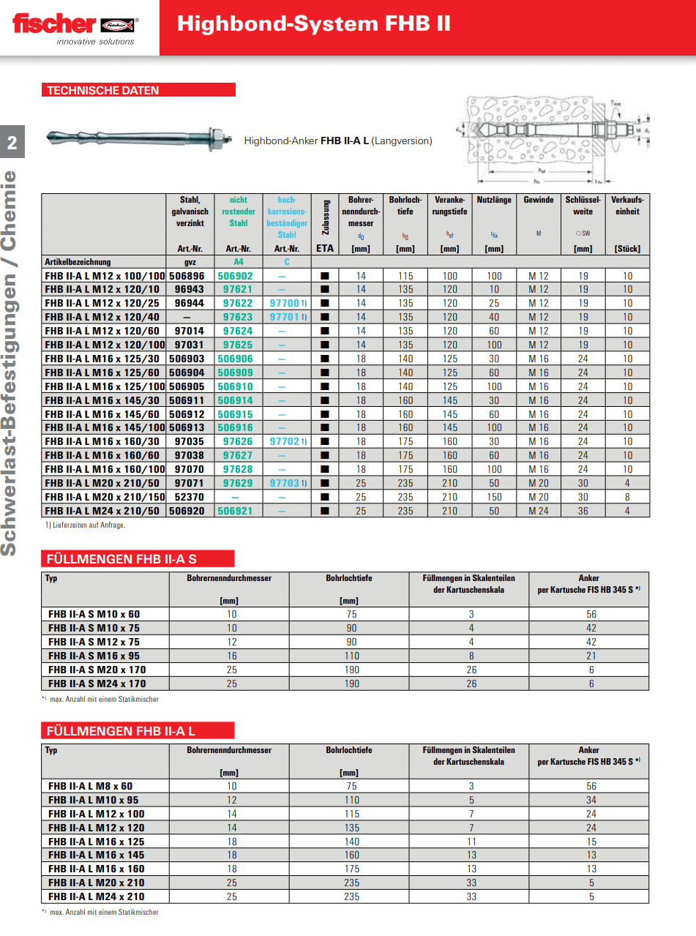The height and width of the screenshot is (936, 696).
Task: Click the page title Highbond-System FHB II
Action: pos(313,24)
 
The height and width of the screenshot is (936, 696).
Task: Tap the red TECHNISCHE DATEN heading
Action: pos(103,91)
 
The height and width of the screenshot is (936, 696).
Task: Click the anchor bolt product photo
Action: pos(139,138)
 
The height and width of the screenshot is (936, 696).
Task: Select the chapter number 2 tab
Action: pos(12,143)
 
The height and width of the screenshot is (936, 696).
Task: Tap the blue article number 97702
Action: pos(284,442)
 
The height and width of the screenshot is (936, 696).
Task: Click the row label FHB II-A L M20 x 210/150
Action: pos(105,497)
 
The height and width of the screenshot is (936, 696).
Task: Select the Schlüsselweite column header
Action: pos(583,206)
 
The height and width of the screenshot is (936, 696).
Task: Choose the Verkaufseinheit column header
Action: pos(627,206)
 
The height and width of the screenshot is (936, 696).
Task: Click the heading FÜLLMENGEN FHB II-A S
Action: pos(122,559)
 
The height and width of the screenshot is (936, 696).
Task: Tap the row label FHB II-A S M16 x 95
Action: pos(94,656)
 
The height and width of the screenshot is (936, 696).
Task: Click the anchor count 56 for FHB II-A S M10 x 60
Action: pos(591,614)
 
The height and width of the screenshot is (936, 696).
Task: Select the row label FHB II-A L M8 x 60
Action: pos(91,785)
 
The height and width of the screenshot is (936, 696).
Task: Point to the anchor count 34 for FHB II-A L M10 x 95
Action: pos(591,799)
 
